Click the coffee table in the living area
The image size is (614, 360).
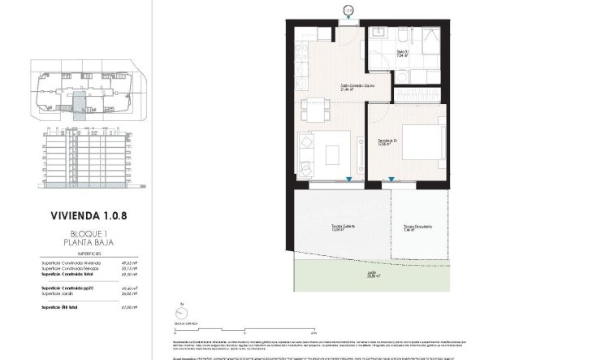pos(333,151)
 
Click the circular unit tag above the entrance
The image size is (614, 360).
pos(348,10)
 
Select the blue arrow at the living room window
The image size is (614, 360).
pos(348,180)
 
